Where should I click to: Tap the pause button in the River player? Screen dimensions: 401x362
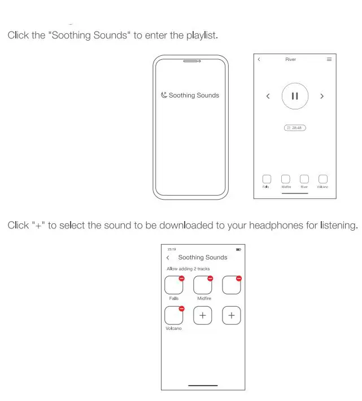point(295,96)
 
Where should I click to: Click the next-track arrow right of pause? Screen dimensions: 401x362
point(322,96)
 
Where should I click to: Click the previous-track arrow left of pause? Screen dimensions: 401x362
point(268,96)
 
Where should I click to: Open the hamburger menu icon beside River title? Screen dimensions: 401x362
point(329,59)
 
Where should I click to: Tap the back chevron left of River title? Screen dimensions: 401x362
point(259,59)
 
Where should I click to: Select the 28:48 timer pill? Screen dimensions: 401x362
point(295,128)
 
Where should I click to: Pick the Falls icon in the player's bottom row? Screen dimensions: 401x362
point(267,179)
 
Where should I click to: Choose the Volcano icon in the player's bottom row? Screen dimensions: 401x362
point(323,179)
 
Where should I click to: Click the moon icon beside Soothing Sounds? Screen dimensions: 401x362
point(164,95)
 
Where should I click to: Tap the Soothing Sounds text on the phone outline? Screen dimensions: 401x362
point(194,95)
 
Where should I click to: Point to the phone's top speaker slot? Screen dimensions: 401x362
point(190,61)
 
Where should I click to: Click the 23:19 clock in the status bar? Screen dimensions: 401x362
point(171,249)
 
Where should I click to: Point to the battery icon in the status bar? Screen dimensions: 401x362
point(238,249)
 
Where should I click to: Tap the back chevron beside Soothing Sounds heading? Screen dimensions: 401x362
point(168,258)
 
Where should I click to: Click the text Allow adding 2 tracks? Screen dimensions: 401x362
point(188,269)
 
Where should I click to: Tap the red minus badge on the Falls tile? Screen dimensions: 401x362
point(182,278)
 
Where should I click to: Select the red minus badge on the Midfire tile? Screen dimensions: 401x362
point(210,278)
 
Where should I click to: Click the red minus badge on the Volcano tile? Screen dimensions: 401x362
point(182,309)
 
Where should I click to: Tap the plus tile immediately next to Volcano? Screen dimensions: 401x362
point(203,316)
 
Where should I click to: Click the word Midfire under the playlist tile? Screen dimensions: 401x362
point(204,298)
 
